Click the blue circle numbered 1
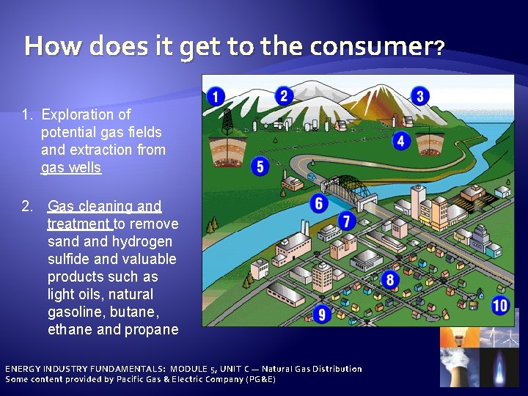[x=216, y=96]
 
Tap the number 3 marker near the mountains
[x=419, y=96]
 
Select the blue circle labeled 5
[x=259, y=166]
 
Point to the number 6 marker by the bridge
[x=319, y=203]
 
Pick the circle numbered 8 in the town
[x=389, y=279]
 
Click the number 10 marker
[x=500, y=305]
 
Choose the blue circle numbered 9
[x=321, y=315]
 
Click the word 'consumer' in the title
[x=370, y=47]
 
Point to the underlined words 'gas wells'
[x=71, y=168]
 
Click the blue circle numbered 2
[x=284, y=96]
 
